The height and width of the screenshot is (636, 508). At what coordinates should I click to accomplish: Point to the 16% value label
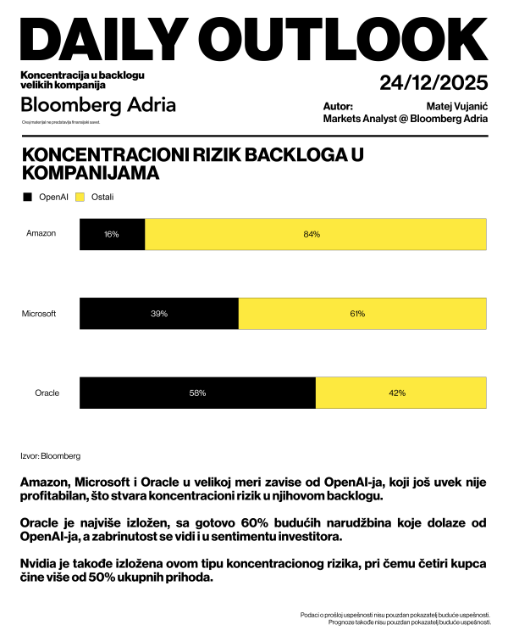112,234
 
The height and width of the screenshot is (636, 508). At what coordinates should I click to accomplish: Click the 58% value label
197,393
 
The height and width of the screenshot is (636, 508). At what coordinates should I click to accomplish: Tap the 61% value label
357,314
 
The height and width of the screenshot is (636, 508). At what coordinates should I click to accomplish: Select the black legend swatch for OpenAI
27,197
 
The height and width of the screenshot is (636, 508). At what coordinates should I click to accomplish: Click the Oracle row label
47,393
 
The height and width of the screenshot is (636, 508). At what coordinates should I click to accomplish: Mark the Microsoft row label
39,314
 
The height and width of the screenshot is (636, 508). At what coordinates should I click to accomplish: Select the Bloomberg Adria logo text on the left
98,105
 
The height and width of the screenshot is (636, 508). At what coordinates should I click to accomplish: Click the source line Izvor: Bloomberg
50,455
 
